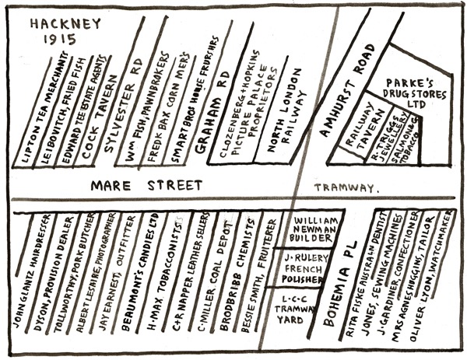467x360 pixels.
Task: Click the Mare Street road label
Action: coord(146,186)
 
